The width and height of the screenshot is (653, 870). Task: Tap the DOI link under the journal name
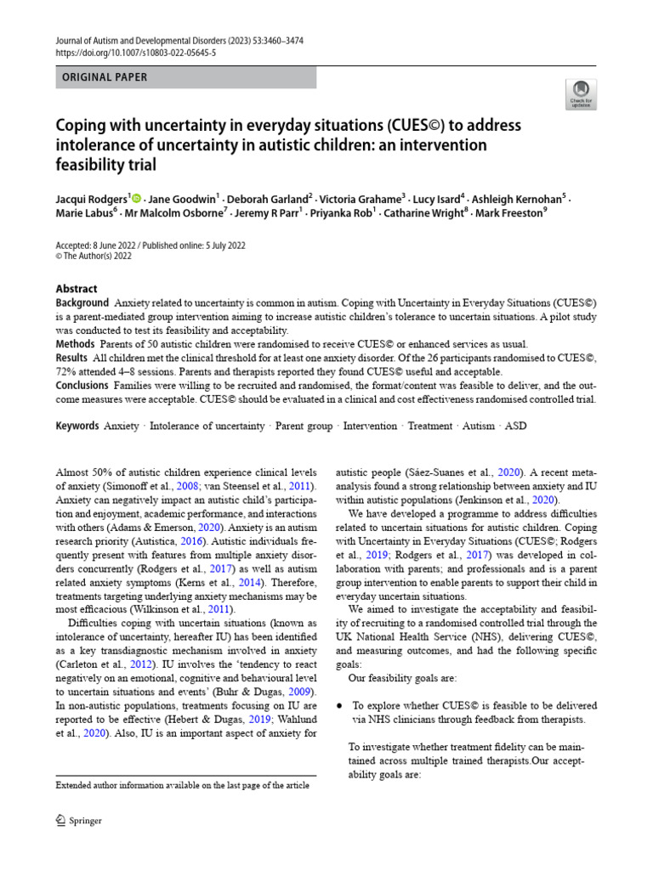coord(135,52)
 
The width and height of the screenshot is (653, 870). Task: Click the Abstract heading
coord(77,289)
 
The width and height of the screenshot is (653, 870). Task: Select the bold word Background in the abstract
coord(82,303)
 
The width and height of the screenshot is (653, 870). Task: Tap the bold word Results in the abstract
coord(73,358)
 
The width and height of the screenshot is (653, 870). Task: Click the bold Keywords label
coord(77,426)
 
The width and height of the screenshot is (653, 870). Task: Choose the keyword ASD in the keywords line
coord(516,426)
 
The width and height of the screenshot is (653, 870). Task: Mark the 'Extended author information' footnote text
coord(182,786)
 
